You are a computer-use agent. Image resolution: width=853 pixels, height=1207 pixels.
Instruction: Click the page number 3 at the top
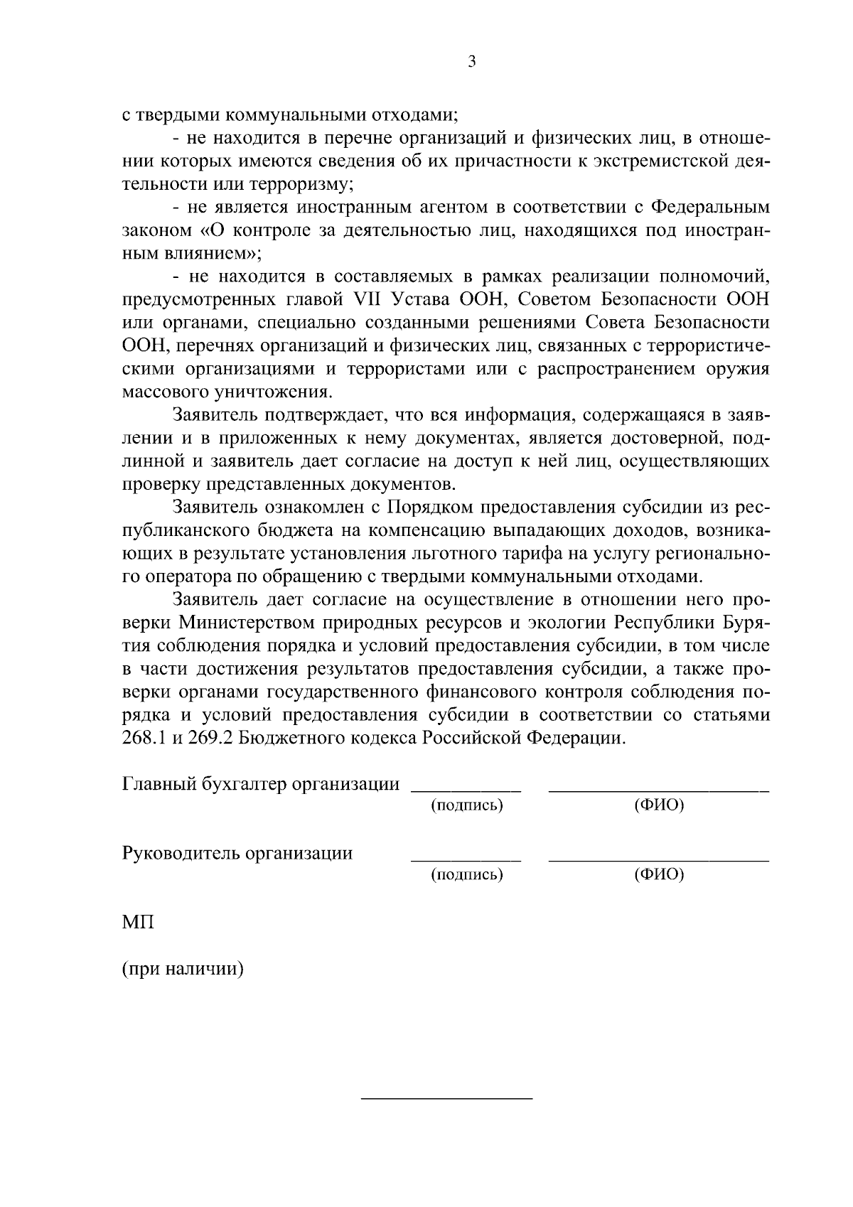point(471,62)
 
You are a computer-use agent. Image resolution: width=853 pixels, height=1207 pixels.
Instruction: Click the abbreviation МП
point(136,923)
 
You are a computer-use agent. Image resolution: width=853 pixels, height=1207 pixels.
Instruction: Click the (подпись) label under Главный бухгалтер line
point(467,805)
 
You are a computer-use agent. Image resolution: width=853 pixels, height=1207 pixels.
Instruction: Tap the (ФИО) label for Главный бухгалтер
point(658,805)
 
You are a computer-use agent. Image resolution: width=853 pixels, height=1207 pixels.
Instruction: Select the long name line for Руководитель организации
point(658,861)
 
